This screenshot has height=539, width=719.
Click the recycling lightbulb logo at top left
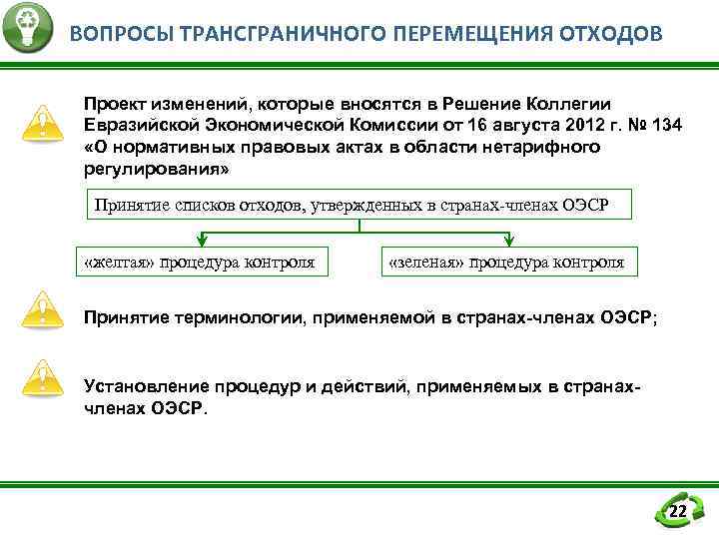pyautogui.click(x=27, y=28)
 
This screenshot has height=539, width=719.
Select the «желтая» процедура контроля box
pyautogui.click(x=201, y=263)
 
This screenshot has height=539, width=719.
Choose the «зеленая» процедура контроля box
pyautogui.click(x=506, y=263)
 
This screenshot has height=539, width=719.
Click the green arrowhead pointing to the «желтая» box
pyautogui.click(x=202, y=240)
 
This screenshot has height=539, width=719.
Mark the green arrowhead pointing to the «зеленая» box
pyautogui.click(x=508, y=240)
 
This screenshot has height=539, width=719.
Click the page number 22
pyautogui.click(x=677, y=512)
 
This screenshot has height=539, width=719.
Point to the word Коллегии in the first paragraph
pyautogui.click(x=570, y=104)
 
